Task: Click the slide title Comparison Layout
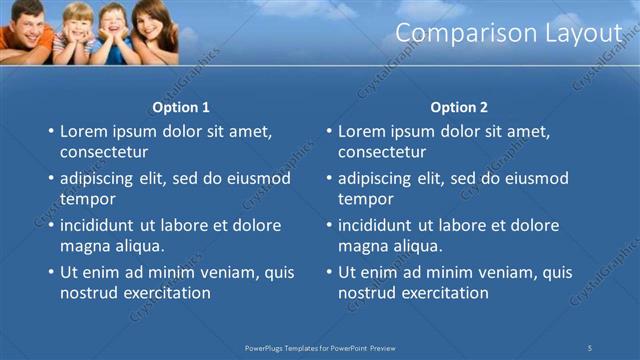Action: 508,33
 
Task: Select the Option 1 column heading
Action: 181,107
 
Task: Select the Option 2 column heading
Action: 459,107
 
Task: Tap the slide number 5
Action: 590,347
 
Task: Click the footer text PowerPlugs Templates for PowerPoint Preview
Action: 320,347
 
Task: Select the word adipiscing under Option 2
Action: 375,179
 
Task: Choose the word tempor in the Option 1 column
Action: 86,199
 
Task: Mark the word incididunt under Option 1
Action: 99,225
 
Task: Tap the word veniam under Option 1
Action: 236,272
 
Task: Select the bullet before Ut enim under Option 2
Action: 329,273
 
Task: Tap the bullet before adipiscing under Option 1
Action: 51,179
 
